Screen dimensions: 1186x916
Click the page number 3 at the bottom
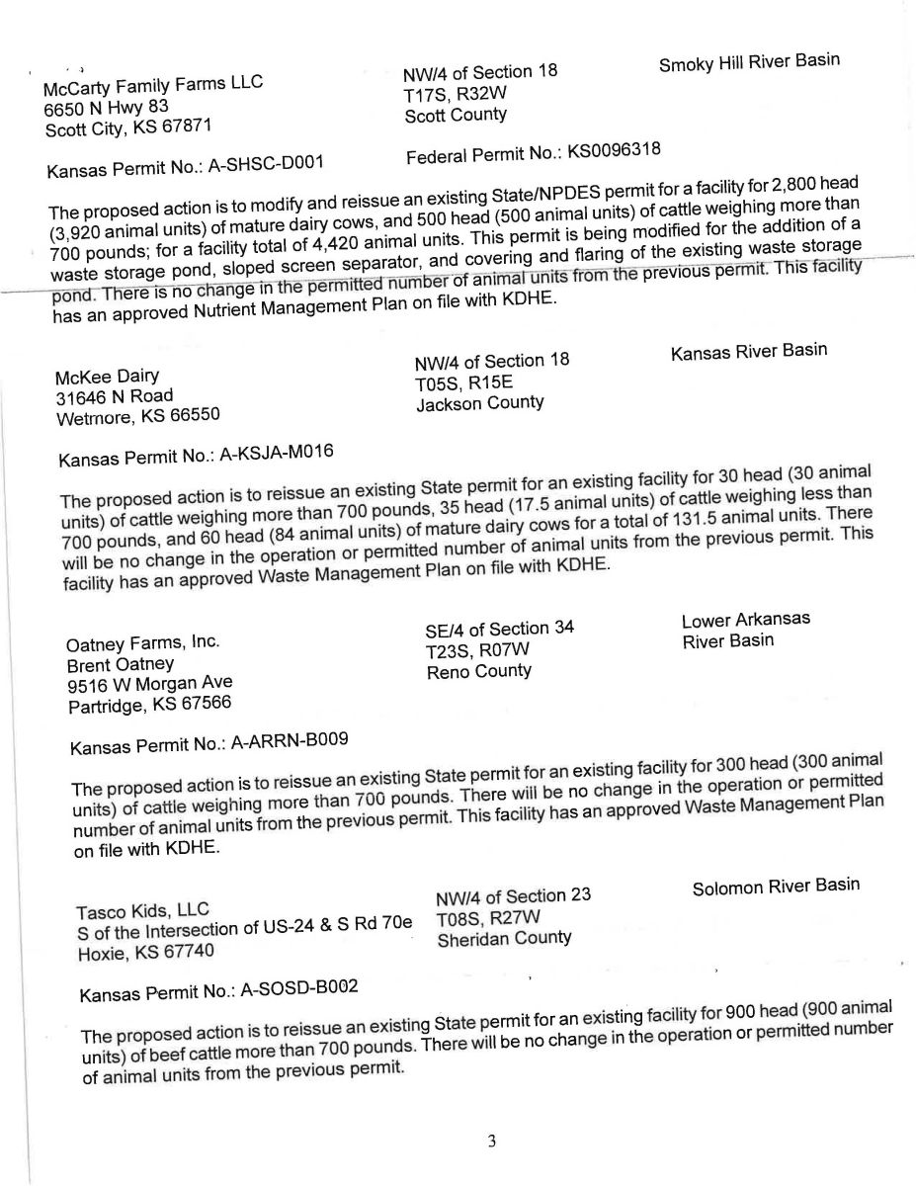(491, 1143)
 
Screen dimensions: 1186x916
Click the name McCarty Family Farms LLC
(153, 86)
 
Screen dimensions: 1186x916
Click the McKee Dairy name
(108, 376)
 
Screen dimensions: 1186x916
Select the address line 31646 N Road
(115, 395)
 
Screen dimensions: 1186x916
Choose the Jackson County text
(479, 403)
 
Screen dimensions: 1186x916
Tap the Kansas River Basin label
(748, 351)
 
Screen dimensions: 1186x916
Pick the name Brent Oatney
(120, 664)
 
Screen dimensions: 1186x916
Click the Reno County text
(478, 671)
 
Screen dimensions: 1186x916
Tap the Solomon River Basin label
(776, 886)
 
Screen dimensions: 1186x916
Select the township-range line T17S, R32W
(456, 94)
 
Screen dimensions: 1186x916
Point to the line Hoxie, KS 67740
(147, 954)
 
